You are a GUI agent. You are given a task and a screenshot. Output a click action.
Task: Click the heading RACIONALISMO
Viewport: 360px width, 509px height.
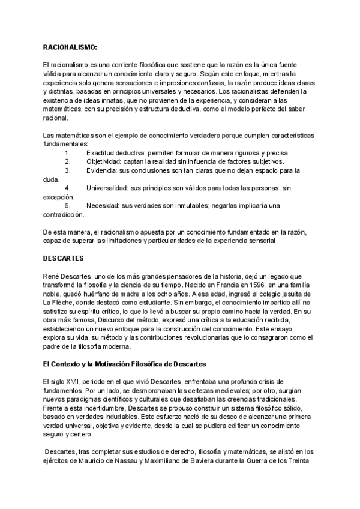[70, 46]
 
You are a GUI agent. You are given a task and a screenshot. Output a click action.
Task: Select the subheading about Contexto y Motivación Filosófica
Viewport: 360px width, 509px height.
[124, 364]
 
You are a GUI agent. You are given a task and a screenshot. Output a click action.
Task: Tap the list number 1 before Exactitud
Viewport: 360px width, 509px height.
[67, 154]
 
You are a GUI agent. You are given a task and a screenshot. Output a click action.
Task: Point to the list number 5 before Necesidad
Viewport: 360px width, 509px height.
[67, 206]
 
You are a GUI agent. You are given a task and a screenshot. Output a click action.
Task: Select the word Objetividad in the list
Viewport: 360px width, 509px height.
[103, 162]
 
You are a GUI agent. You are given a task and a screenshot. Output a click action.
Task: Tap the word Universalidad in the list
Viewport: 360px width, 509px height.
[107, 188]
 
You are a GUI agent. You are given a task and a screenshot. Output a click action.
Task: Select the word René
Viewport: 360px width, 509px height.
[50, 276]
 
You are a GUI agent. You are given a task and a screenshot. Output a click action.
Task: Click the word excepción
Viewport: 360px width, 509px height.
[59, 197]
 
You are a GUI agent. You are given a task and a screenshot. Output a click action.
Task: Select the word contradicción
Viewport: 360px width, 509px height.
[64, 214]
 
